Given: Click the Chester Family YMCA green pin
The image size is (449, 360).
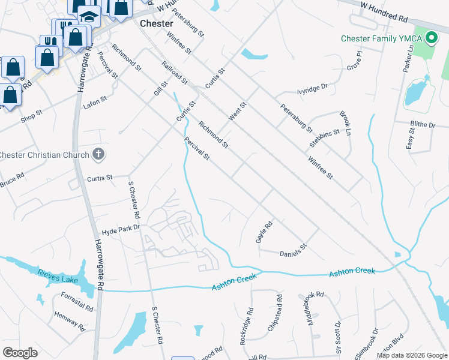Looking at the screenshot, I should coord(430,39).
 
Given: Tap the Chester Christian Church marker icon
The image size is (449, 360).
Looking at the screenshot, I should coord(99,155).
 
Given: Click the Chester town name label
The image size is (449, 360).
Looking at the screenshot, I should coord(156,23).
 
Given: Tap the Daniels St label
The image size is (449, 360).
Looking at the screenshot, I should coord(294,250).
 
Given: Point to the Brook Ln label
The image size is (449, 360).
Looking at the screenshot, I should coord(345,122).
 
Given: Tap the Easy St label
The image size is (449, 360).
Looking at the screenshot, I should coord(411,141).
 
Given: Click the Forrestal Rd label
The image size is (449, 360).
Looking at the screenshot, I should coord(77,302).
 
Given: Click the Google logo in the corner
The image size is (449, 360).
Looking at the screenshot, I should coord(20,353).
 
